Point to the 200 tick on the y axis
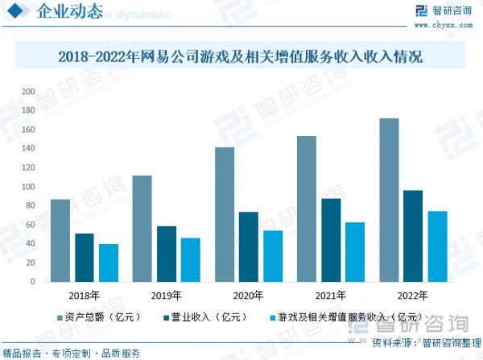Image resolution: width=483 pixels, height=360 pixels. tap(29, 91)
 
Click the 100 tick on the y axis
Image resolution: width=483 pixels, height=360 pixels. tap(29, 187)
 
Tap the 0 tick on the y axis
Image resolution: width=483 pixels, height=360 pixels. tap(33, 282)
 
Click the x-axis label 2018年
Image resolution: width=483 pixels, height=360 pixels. tap(85, 295)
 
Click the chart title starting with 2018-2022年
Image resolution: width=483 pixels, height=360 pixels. tap(241, 58)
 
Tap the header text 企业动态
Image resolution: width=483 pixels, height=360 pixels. tap(71, 12)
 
